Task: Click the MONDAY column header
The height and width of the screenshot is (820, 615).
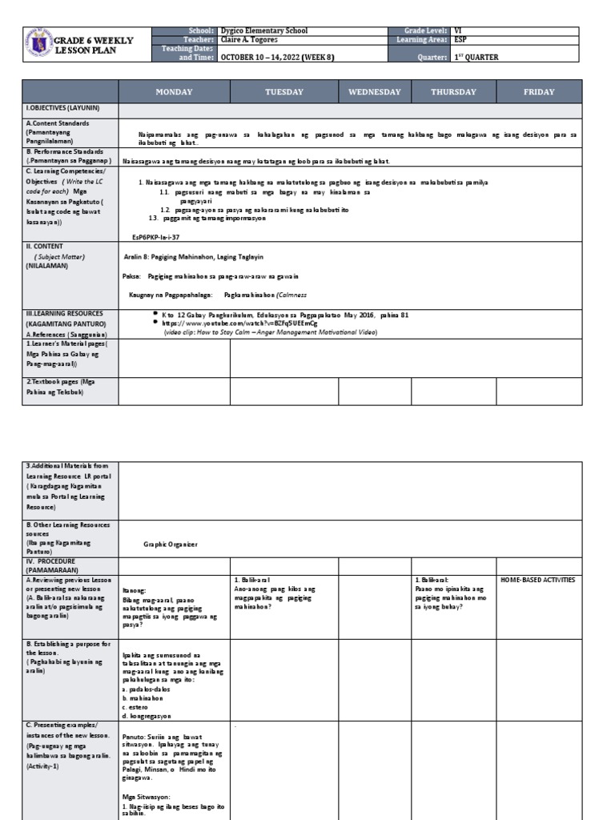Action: (x=174, y=92)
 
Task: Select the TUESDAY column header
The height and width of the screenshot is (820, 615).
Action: (x=284, y=92)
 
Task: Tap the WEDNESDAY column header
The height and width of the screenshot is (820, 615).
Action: (x=374, y=92)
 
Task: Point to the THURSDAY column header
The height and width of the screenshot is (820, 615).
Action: (x=453, y=92)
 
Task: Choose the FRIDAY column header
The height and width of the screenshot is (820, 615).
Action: (x=539, y=92)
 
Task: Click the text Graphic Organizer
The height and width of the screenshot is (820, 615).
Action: (x=169, y=545)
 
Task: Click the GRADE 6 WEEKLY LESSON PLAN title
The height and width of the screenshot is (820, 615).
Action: (x=93, y=45)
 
